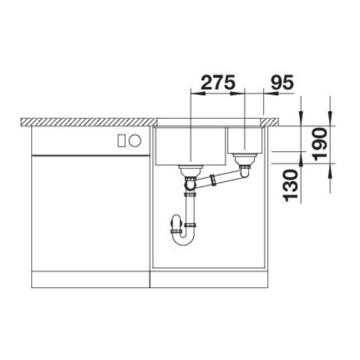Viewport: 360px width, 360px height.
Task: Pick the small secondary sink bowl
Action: [x=244, y=140]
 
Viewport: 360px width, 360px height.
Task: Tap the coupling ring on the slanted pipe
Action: [x=212, y=181]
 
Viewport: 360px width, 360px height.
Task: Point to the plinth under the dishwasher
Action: [x=90, y=279]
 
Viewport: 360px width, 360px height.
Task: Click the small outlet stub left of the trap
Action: [x=174, y=224]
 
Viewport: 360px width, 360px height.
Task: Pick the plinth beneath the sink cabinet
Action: [x=208, y=279]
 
